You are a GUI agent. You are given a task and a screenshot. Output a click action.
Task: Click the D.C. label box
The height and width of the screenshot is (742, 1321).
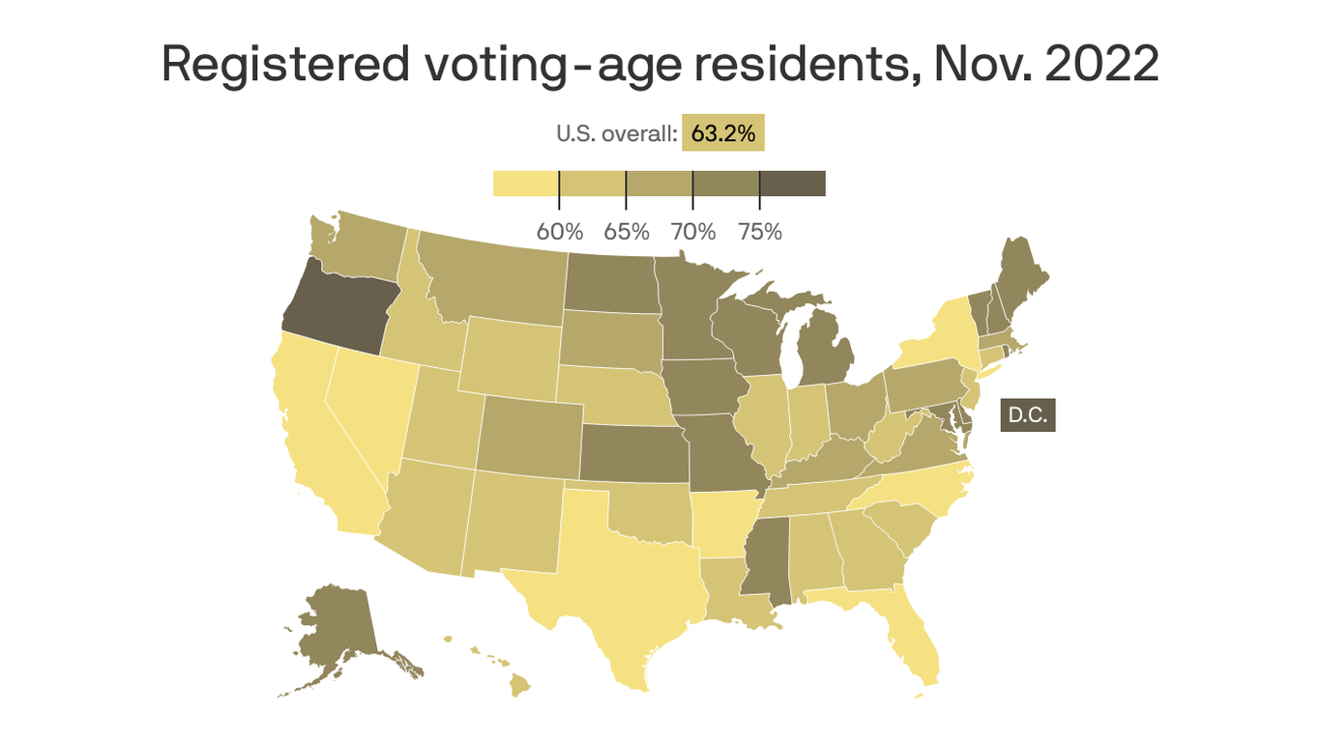1027,415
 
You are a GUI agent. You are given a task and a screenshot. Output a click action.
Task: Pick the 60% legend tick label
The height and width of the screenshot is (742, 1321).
559,232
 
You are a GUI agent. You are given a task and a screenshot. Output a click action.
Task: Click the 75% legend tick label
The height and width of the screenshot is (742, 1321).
759,232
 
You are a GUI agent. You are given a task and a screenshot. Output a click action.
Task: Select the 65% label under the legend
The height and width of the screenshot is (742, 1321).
626,232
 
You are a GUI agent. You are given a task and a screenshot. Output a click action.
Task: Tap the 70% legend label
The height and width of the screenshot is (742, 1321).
692,232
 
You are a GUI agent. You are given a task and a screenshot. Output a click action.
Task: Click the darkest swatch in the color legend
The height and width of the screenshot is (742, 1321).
792,184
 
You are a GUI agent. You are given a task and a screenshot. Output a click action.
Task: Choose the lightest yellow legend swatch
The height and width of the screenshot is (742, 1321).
525,184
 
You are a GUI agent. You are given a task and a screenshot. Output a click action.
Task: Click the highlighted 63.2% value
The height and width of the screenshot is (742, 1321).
722,133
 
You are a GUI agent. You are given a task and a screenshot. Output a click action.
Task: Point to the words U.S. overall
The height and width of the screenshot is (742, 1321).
615,134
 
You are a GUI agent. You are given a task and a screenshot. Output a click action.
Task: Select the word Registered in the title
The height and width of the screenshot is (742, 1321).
285,65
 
